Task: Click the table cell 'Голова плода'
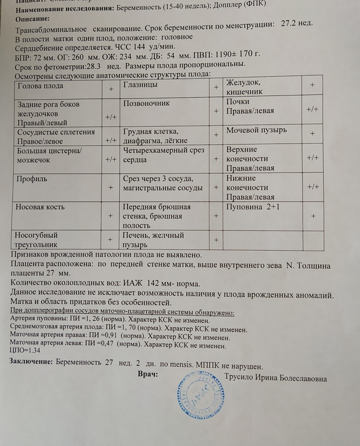point(41,86)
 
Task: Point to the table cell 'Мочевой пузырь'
point(256,130)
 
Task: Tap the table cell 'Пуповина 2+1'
point(253,206)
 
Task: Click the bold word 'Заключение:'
point(31,361)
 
